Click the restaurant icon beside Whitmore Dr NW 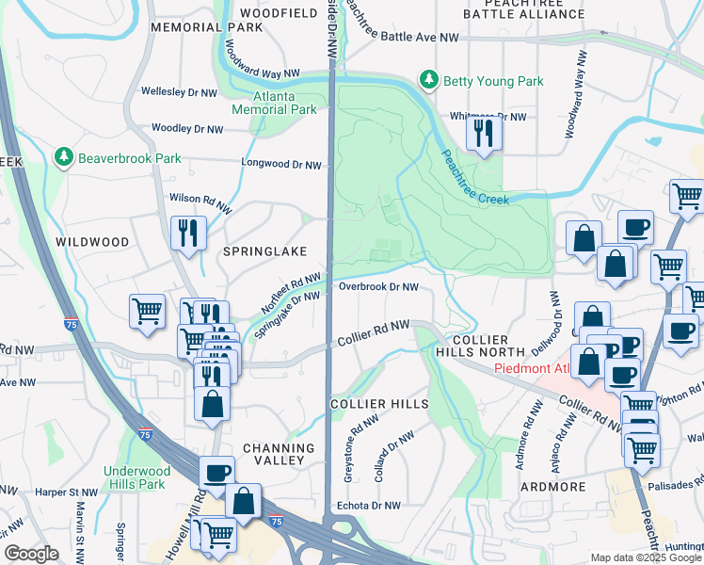point(484,133)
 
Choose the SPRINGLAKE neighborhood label point(264,251)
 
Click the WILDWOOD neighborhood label point(92,242)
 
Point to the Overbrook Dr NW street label point(377,286)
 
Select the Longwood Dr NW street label point(280,165)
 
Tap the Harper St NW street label point(67,492)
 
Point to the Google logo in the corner point(32,554)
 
